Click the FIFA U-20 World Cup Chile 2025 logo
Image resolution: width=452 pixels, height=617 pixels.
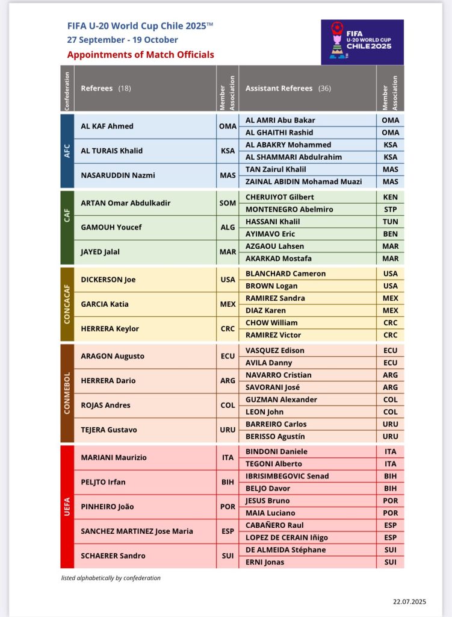point(362,42)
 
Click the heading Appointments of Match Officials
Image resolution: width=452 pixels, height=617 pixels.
point(140,55)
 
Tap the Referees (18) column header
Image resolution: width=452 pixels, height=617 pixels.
point(106,88)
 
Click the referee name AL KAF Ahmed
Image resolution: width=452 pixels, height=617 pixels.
point(107,126)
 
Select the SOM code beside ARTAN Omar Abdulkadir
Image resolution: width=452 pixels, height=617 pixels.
point(228,203)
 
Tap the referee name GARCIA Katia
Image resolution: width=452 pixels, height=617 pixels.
point(105,304)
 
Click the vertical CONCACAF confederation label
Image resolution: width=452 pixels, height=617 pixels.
point(68,304)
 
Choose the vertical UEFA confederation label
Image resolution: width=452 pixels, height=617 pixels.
point(68,506)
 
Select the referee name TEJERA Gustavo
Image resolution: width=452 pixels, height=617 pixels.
point(109,430)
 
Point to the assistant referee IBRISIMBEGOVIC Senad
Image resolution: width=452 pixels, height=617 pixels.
point(287,476)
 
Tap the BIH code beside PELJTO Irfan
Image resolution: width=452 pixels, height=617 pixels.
point(228,482)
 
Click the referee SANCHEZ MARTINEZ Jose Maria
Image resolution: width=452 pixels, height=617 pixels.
point(137,531)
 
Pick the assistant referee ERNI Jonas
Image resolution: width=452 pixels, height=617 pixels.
point(265,562)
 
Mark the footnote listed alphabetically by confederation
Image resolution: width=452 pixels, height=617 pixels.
point(111,578)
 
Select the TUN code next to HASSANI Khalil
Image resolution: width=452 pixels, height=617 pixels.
point(391,222)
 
